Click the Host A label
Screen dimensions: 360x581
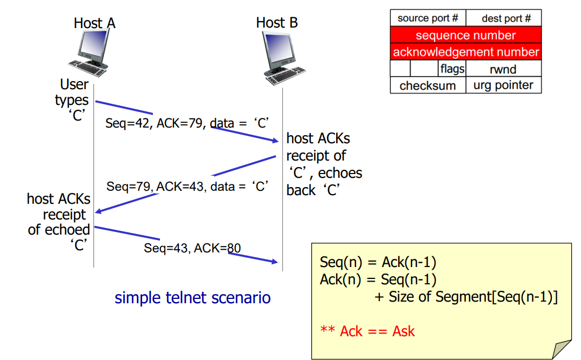click(x=95, y=23)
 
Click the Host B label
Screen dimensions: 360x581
click(x=277, y=23)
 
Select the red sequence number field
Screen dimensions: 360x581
click(x=465, y=36)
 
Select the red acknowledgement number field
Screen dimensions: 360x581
click(x=465, y=52)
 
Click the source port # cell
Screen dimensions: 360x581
click(x=428, y=18)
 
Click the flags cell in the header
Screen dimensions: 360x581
click(x=452, y=69)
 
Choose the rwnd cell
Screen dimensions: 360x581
click(x=503, y=69)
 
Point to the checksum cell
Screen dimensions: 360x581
click(x=428, y=85)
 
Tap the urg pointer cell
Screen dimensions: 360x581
click(x=503, y=85)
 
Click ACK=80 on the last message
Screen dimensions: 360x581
click(x=217, y=248)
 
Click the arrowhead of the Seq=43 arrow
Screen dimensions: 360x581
click(x=275, y=263)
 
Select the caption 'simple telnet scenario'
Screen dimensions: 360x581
click(x=192, y=298)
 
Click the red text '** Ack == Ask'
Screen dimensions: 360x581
click(x=368, y=331)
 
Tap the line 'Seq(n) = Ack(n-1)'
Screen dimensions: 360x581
click(x=378, y=263)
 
